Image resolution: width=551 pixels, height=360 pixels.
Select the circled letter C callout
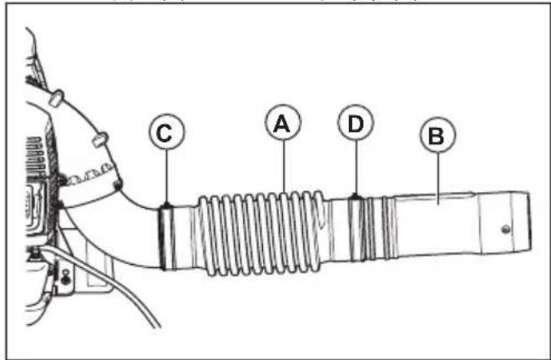click(165, 132)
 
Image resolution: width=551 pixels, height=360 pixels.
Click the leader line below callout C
click(167, 176)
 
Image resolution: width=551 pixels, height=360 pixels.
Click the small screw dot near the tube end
click(505, 227)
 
